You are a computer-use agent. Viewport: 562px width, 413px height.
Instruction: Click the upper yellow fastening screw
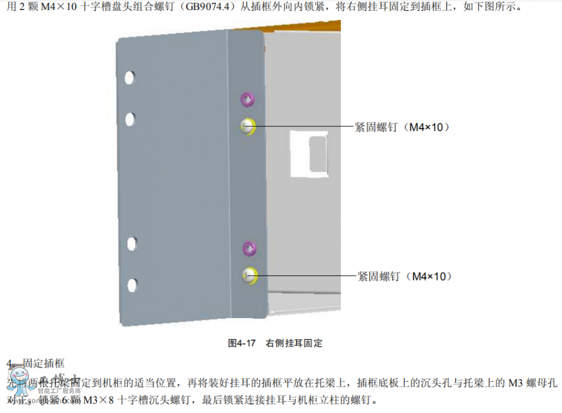click(x=248, y=127)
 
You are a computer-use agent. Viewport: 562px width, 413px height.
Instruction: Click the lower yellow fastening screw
click(x=249, y=274)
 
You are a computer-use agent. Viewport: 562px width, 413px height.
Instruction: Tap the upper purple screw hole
click(x=247, y=99)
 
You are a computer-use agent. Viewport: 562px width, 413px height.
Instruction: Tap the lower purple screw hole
click(x=249, y=248)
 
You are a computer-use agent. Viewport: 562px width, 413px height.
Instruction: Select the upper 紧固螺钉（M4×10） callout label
click(x=403, y=127)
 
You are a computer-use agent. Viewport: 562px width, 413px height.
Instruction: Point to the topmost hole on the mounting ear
click(x=129, y=78)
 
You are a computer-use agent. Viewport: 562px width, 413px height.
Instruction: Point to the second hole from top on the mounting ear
click(x=130, y=118)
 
